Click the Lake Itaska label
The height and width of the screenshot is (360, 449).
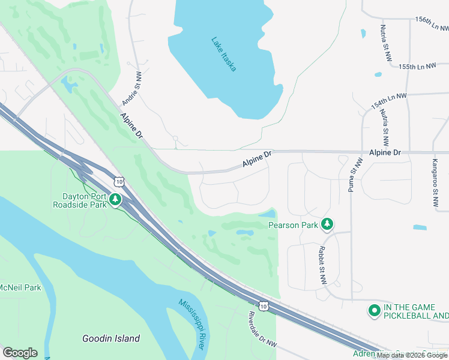click(223, 54)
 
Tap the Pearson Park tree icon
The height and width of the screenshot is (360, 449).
click(327, 224)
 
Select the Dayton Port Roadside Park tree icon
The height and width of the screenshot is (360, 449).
click(115, 200)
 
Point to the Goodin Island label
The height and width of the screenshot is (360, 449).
click(111, 338)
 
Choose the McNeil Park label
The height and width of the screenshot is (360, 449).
click(20, 287)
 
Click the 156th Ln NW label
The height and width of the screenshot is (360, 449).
click(432, 23)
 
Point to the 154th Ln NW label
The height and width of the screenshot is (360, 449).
click(388, 100)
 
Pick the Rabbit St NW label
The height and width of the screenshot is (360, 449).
click(322, 265)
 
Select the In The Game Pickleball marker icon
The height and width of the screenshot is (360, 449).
click(374, 310)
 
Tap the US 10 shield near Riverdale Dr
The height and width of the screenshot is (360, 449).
click(264, 306)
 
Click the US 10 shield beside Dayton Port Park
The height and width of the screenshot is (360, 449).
click(120, 181)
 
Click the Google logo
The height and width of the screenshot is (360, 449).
click(20, 353)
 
